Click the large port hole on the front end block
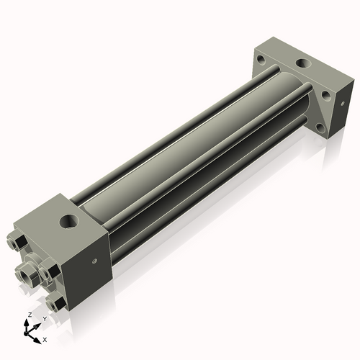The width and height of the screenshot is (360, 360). tap(69, 221)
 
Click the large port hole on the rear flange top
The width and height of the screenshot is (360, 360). tap(303, 63)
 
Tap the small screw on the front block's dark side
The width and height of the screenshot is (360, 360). tap(95, 261)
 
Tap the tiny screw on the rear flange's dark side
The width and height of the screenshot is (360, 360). tap(343, 104)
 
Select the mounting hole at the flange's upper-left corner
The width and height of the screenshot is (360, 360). tap(261, 59)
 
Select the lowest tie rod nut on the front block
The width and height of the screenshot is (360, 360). tap(55, 304)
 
